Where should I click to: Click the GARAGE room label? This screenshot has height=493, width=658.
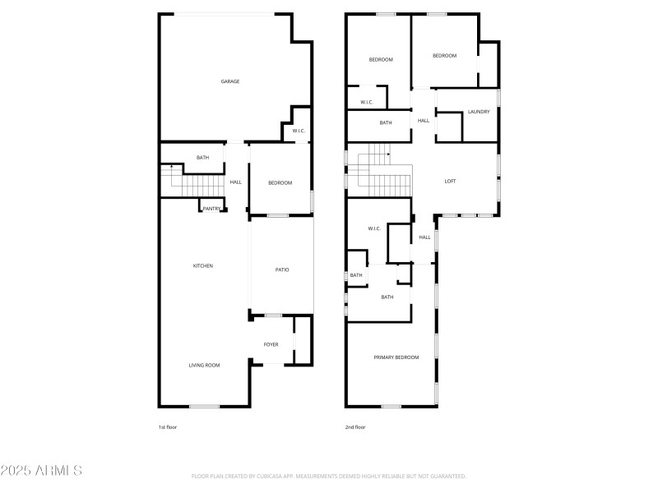230,81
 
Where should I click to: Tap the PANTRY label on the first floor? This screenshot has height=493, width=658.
211,209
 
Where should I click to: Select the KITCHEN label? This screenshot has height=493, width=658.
203,265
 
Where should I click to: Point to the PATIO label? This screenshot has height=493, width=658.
282,270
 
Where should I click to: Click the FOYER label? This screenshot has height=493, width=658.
271,344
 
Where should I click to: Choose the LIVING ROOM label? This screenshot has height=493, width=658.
204,365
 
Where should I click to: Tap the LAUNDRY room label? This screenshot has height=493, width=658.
479,112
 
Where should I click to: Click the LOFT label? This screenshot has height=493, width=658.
450,181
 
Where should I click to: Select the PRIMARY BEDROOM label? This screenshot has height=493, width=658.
396,357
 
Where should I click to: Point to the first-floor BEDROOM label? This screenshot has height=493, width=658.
280,182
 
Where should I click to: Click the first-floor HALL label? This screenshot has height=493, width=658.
236,182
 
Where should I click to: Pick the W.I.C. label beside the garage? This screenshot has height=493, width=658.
299,131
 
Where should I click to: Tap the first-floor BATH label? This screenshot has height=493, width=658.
202,157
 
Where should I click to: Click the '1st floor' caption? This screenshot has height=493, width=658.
168,427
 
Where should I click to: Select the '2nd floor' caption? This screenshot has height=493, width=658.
356,427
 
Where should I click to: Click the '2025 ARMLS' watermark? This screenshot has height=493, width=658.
41,471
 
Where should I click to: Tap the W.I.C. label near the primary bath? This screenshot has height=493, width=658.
373,228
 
